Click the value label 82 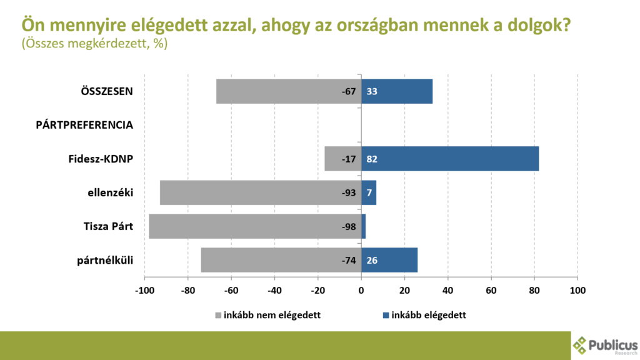[372, 159]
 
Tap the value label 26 [372, 260]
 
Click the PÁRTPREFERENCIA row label [84, 125]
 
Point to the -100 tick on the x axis [144, 291]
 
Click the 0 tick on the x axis [361, 291]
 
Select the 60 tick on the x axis [491, 291]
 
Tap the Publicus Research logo [605, 346]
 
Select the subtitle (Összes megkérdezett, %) [94, 44]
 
